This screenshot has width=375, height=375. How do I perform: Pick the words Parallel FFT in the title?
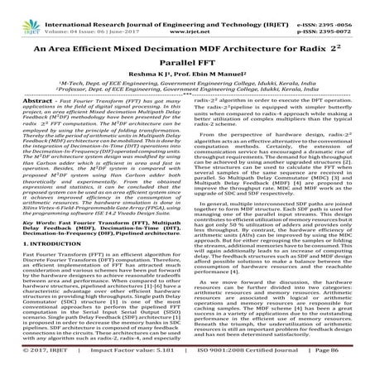click(188, 67)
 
